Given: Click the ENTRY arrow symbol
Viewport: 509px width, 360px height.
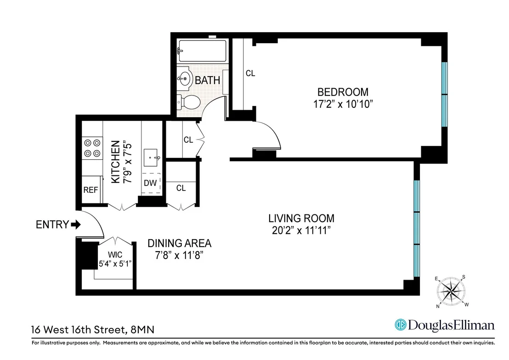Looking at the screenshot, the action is click(76, 224).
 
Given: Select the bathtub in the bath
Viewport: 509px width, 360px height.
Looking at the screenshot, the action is click(203, 51).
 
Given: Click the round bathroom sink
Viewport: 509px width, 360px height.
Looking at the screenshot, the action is click(184, 79).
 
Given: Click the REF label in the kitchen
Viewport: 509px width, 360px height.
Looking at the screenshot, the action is click(90, 190).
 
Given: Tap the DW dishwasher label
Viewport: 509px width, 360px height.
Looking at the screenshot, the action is click(150, 183).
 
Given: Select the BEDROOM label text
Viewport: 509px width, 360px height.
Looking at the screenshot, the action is click(343, 92).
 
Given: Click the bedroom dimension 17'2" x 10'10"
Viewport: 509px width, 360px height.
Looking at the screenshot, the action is click(343, 104).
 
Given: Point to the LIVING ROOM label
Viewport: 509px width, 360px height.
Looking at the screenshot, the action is click(301, 218).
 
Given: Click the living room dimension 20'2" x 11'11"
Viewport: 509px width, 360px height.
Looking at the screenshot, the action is click(301, 230).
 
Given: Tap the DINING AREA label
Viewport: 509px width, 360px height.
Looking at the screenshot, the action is click(180, 243).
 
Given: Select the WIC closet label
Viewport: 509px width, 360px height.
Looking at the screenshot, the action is click(115, 255).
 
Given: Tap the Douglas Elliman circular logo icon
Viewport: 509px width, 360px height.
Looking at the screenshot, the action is click(401, 325).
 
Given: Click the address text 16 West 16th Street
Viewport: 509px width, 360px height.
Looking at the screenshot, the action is click(79, 330).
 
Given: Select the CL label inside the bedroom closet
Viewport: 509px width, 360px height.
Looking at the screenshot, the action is click(250, 73).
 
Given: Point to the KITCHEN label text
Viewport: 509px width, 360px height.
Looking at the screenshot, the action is click(116, 162).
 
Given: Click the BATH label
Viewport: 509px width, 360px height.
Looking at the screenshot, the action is click(208, 80).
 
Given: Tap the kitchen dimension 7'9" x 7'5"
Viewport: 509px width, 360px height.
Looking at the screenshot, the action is click(128, 162).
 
